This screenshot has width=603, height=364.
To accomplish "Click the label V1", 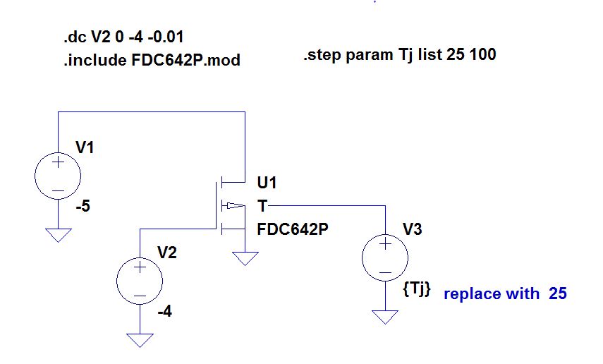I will [84, 147].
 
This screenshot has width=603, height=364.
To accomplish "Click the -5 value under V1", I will [83, 207].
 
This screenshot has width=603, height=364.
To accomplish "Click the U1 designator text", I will [267, 184].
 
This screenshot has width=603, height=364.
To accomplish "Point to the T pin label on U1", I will [262, 206].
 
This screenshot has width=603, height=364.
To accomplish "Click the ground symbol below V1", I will [58, 234].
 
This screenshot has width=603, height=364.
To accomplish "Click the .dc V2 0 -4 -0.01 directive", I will [123, 36].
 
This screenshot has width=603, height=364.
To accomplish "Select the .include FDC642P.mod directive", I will [151, 61].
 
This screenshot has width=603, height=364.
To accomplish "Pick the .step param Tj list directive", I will [399, 54].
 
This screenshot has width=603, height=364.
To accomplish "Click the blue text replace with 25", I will [505, 293].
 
